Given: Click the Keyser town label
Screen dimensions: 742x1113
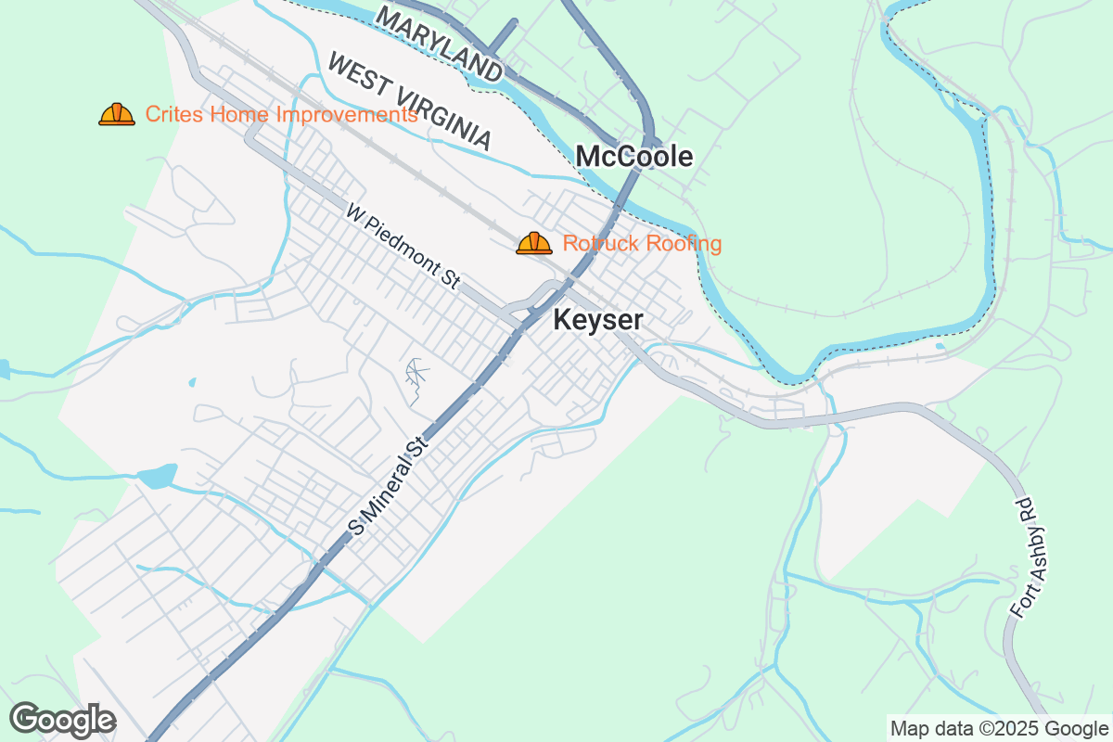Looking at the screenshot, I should click(x=597, y=321).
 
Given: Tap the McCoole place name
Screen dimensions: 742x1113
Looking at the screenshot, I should click(x=633, y=157).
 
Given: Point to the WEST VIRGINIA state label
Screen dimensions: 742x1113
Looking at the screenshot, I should click(x=409, y=101).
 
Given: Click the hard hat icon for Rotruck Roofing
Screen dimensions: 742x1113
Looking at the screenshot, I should click(x=534, y=244).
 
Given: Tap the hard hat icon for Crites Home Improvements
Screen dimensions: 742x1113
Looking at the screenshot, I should click(x=117, y=115).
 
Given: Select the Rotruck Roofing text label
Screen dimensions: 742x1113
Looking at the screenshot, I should click(x=642, y=244).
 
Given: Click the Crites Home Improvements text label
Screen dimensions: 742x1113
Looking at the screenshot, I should click(x=281, y=115).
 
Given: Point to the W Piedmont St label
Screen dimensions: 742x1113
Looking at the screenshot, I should click(x=403, y=247).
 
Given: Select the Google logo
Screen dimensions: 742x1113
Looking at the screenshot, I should click(x=62, y=720).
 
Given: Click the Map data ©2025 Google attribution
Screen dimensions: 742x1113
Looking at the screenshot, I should click(x=999, y=728).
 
